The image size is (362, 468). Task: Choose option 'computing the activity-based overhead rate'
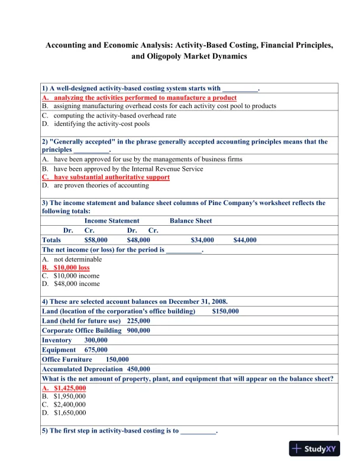point(115,115)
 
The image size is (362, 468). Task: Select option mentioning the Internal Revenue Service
point(128,168)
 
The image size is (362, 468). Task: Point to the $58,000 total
point(96,240)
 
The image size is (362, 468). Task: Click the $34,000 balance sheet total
point(203,240)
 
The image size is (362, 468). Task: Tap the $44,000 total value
point(245,240)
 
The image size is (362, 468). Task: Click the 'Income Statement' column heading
point(112,221)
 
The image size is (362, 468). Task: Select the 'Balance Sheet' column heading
point(190,221)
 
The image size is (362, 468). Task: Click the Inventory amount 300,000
point(96,340)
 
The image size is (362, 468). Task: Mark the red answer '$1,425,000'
point(70,388)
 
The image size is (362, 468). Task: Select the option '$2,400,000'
point(69,405)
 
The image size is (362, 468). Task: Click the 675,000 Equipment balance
point(95,349)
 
